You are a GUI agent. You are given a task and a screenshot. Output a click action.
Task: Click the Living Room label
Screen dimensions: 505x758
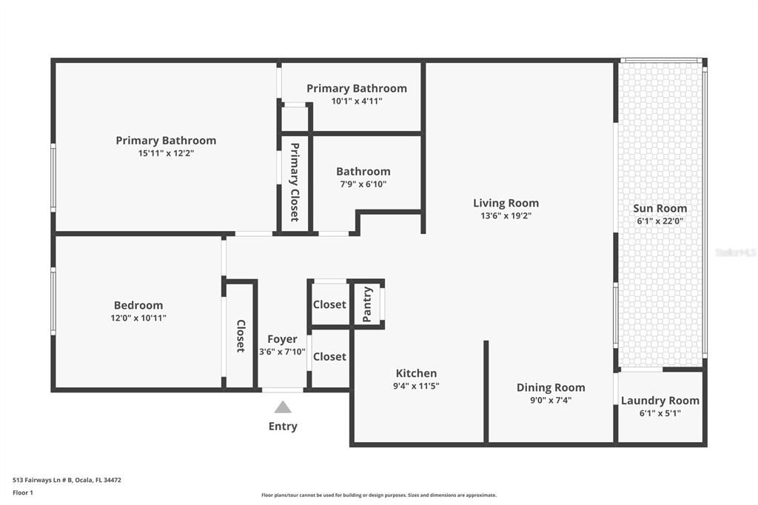tap(506, 203)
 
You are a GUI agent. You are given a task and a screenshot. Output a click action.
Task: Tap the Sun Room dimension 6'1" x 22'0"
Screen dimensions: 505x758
tap(660, 221)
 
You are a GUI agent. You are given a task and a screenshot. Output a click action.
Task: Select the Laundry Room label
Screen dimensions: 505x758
tap(660, 401)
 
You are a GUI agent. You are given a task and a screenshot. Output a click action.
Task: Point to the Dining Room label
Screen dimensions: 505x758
tap(550, 387)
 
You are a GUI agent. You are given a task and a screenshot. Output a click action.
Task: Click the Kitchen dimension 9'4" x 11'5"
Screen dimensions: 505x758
tap(416, 386)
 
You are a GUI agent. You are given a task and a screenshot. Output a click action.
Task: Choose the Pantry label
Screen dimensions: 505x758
tap(367, 304)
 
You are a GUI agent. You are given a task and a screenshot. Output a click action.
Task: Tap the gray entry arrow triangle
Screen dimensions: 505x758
tap(283, 407)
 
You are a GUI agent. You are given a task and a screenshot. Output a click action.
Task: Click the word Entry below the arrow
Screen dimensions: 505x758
tap(283, 426)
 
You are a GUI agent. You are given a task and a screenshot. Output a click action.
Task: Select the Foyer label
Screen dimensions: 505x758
tap(282, 339)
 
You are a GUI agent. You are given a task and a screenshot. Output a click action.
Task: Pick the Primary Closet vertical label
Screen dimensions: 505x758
tap(295, 182)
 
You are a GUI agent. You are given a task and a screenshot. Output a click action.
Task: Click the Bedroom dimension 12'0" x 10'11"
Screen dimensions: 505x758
tap(138, 318)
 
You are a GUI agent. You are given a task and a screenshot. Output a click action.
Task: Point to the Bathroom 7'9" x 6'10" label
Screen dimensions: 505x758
tap(363, 172)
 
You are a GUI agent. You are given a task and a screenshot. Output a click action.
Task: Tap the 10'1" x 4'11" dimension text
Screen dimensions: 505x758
tap(356, 101)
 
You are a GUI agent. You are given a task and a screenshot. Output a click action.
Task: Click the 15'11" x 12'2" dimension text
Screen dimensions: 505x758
tap(166, 153)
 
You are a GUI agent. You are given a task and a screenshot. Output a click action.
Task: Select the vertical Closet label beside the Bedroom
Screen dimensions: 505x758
tap(241, 335)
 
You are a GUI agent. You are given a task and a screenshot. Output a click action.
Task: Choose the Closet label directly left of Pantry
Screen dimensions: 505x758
tap(329, 304)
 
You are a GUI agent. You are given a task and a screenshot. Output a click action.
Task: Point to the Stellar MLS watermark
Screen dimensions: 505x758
tap(735, 252)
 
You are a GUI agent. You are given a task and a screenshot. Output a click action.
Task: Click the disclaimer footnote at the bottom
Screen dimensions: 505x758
tap(378, 495)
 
